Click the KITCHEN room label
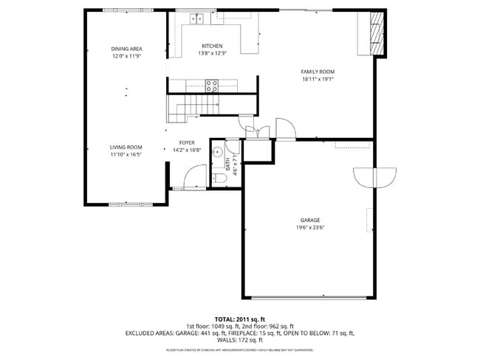(212, 46)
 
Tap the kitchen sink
(196, 18)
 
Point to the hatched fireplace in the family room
(377, 32)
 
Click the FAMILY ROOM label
(318, 72)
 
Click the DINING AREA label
(126, 49)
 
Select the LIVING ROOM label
(126, 147)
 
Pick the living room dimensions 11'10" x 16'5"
(126, 154)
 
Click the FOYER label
(187, 143)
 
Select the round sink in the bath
(218, 153)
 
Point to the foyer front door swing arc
(193, 176)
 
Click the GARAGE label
(310, 221)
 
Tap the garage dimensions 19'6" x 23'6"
(310, 228)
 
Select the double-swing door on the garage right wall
(375, 177)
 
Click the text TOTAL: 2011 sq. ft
(240, 318)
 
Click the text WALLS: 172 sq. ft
(240, 340)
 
